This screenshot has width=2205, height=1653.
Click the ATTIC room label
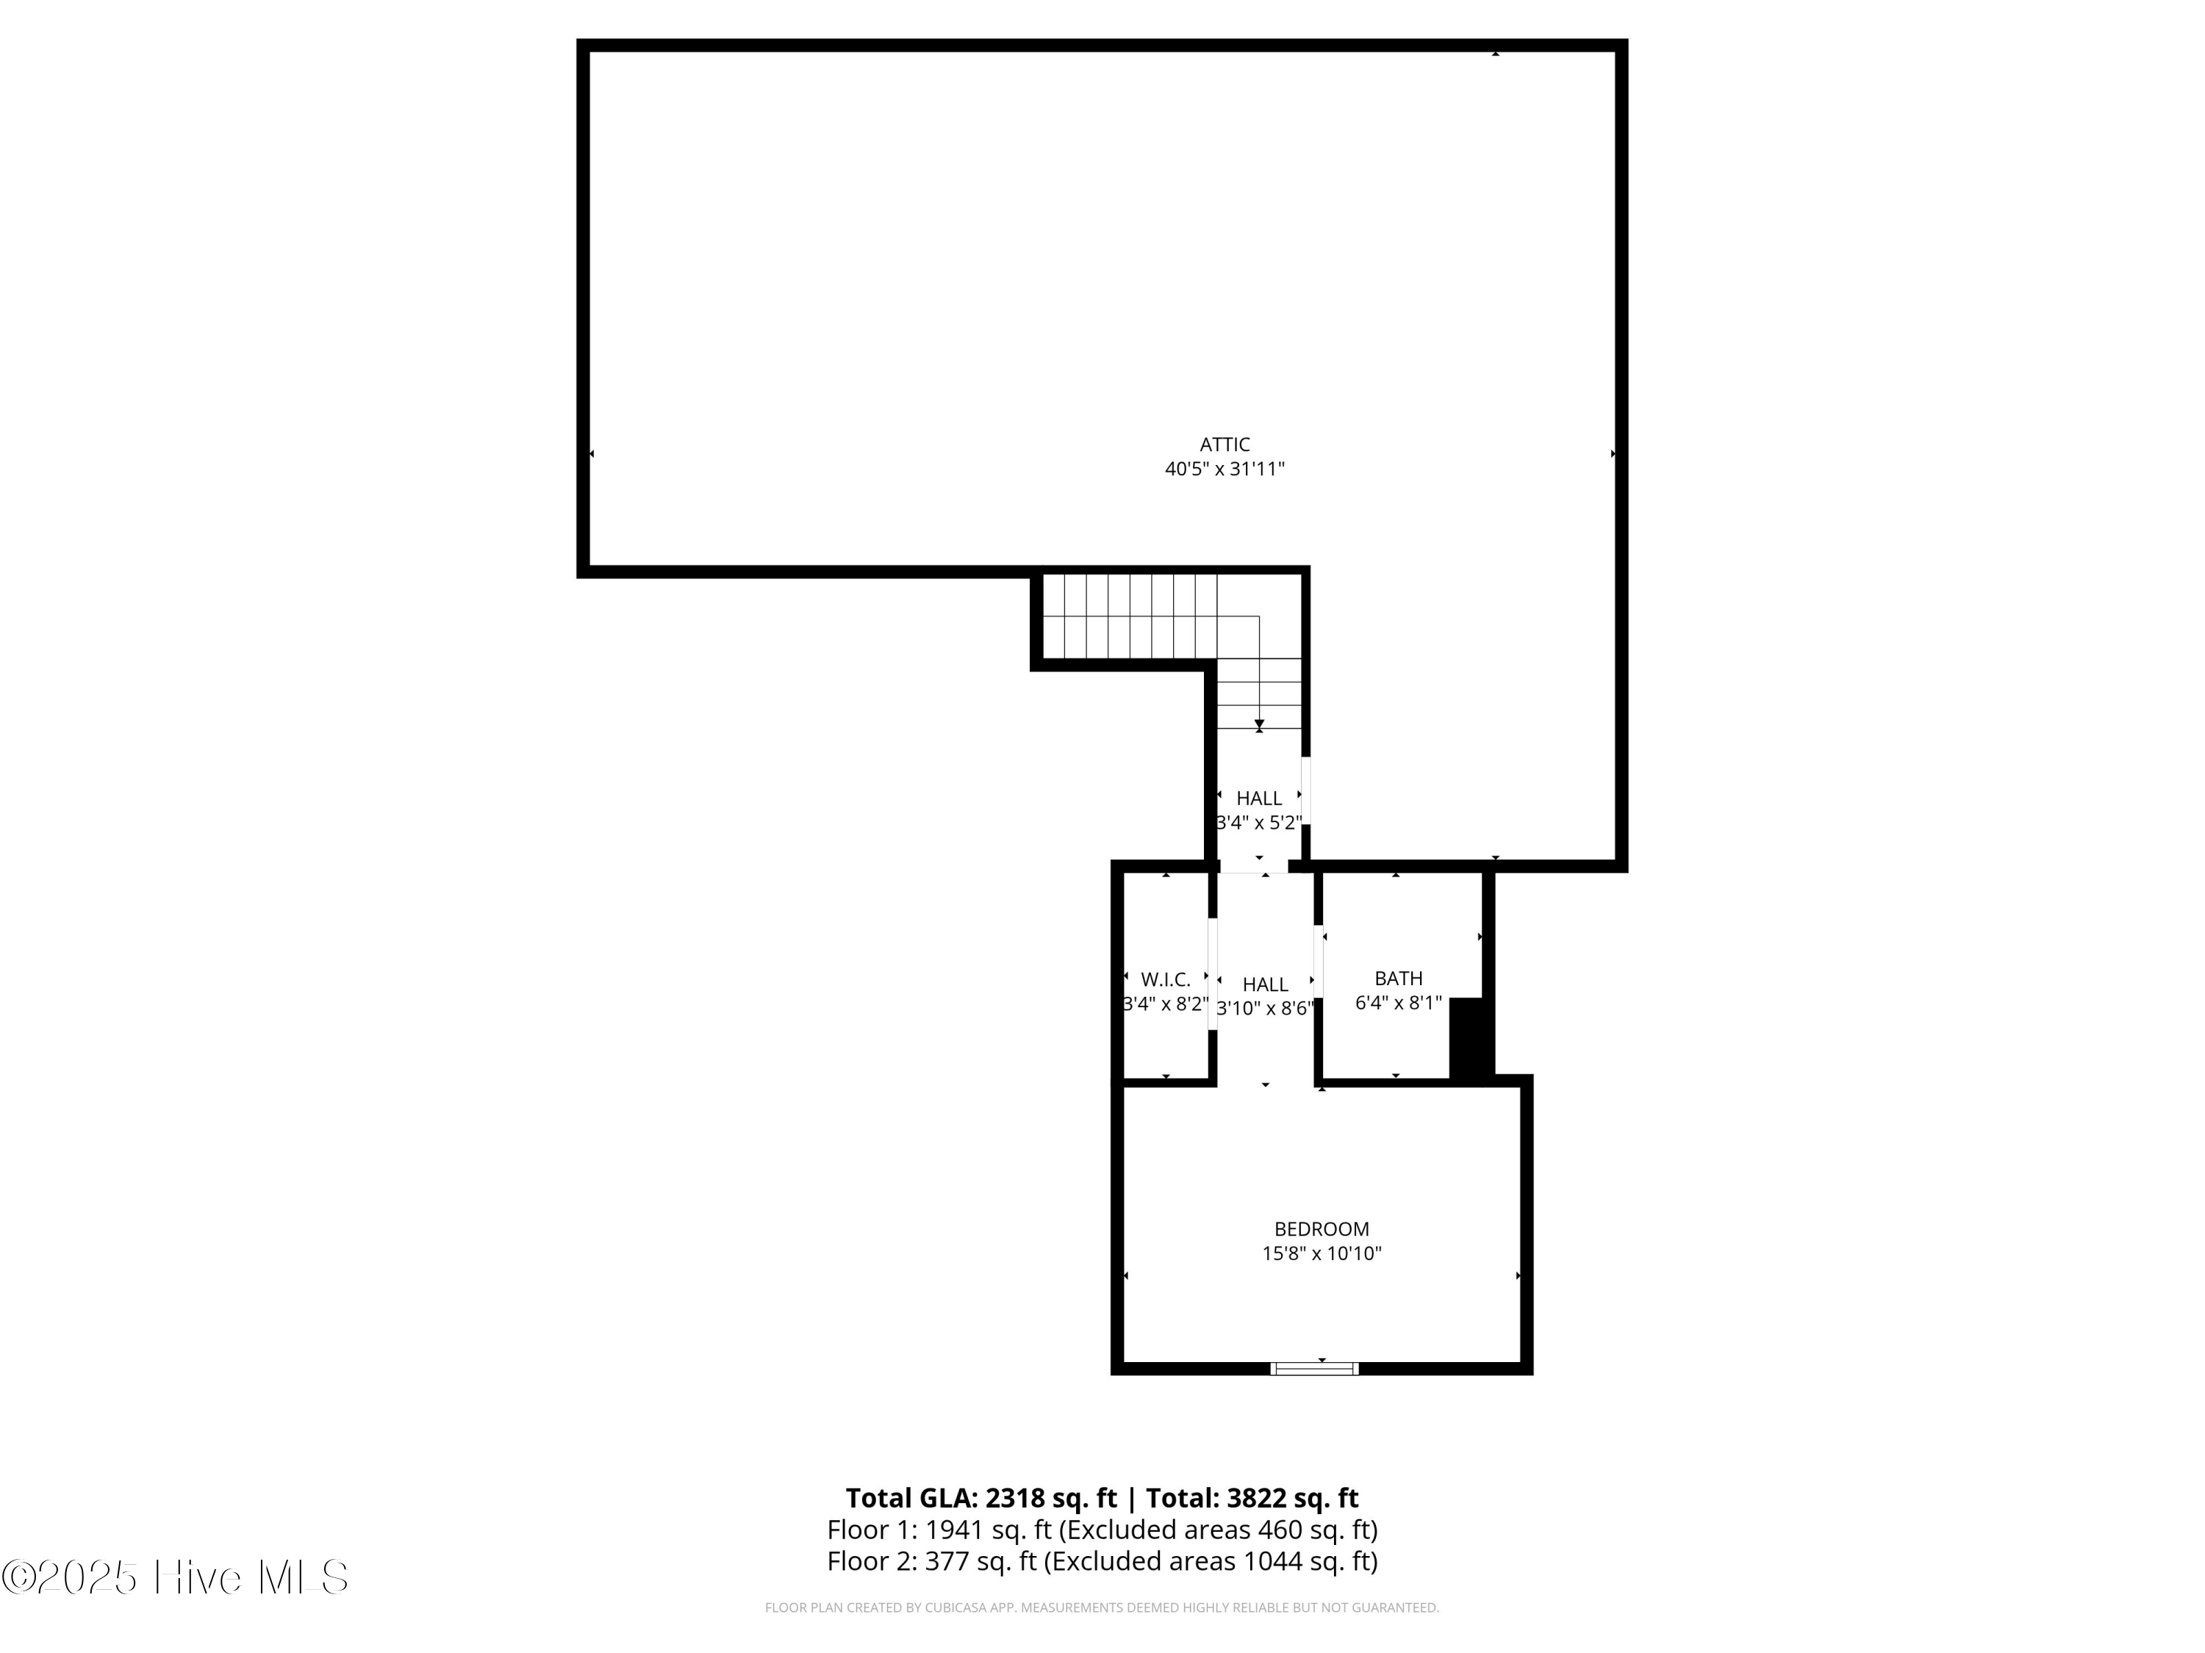click(1224, 444)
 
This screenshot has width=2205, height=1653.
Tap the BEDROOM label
click(1321, 1228)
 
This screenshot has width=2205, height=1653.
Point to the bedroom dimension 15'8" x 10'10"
click(1321, 1253)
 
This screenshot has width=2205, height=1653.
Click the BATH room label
click(1397, 979)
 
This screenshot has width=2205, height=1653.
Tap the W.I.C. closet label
click(1165, 979)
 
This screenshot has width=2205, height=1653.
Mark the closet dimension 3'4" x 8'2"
click(1165, 1004)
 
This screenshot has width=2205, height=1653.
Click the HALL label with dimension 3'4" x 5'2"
click(1259, 798)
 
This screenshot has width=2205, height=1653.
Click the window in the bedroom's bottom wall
click(1315, 1368)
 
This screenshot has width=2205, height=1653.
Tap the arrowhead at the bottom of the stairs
click(1259, 724)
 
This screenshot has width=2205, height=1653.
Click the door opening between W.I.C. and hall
click(1212, 973)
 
